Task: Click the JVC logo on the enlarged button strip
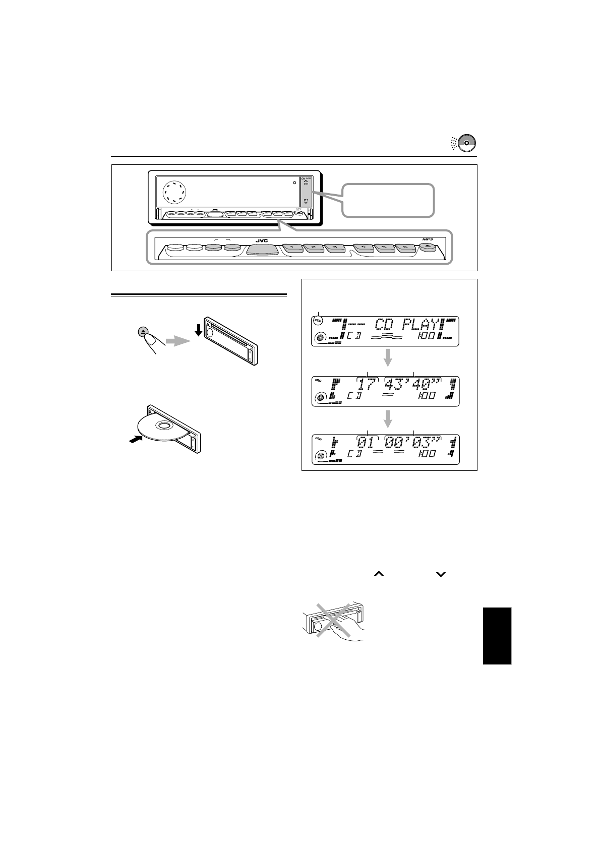[x=261, y=240]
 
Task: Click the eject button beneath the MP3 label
[x=428, y=248]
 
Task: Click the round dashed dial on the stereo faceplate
[x=174, y=192]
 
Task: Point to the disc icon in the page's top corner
[x=466, y=143]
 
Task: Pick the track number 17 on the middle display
[x=368, y=385]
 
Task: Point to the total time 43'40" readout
[x=414, y=385]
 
